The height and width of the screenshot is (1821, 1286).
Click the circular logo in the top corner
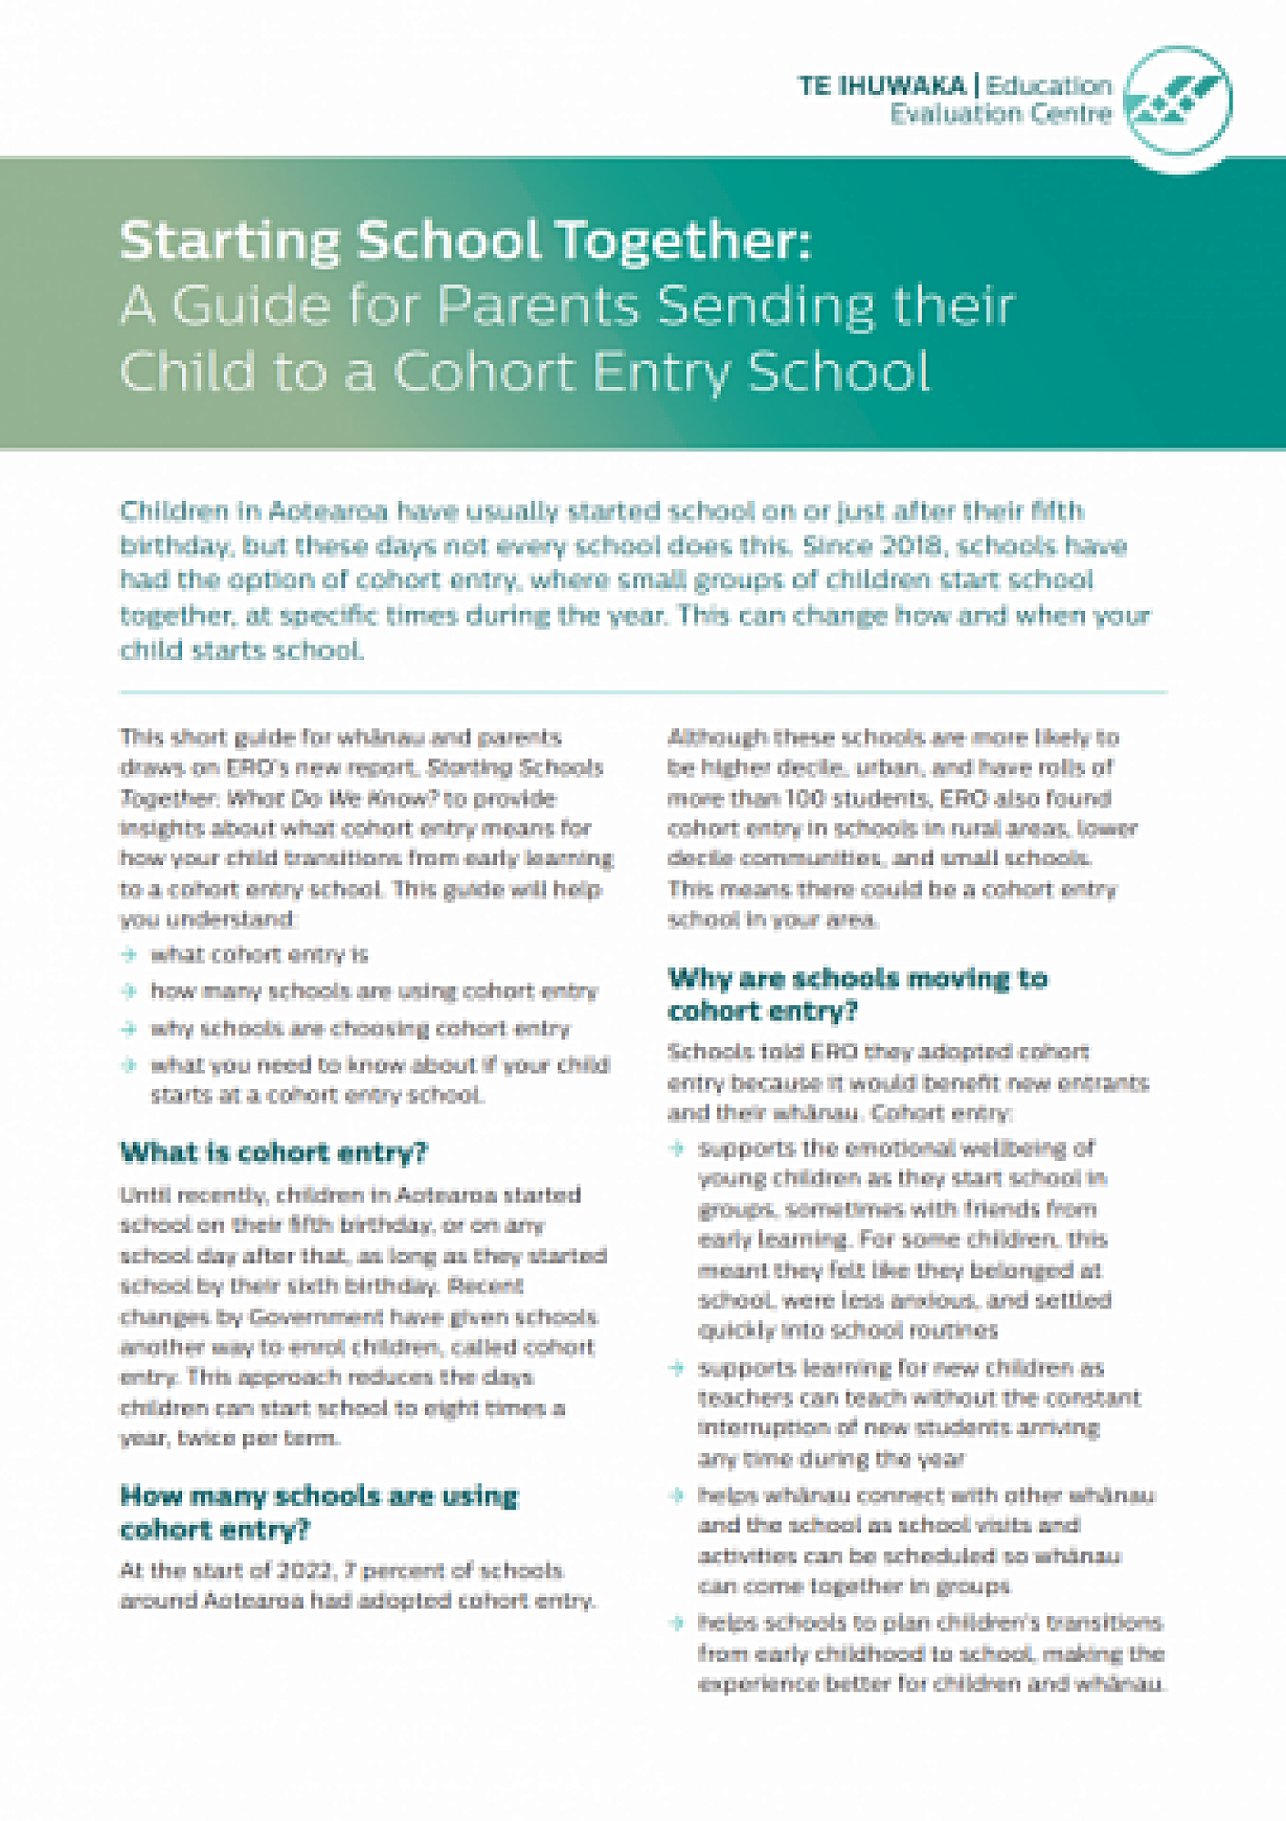coord(1179,100)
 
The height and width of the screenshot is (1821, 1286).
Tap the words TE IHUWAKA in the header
coord(881,86)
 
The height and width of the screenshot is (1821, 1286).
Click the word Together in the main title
coord(684,241)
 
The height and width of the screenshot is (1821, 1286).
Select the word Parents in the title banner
coord(539,305)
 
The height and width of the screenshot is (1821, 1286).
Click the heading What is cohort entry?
coord(273,1153)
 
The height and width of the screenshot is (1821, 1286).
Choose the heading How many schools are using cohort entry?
coord(319,1512)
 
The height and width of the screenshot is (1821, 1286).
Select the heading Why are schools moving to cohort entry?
coord(857,994)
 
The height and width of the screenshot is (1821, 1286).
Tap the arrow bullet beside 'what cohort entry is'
coord(129,955)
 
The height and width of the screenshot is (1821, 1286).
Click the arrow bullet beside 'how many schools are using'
coord(129,992)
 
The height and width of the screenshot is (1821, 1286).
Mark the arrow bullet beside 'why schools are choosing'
coord(129,1029)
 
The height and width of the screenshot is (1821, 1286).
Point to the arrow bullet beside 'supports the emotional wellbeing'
coord(676,1148)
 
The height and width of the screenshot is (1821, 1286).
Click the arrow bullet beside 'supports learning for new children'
coord(676,1368)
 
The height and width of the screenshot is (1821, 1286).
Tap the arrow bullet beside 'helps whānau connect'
coord(676,1495)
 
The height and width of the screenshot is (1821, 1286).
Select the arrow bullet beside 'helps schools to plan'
coord(676,1623)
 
